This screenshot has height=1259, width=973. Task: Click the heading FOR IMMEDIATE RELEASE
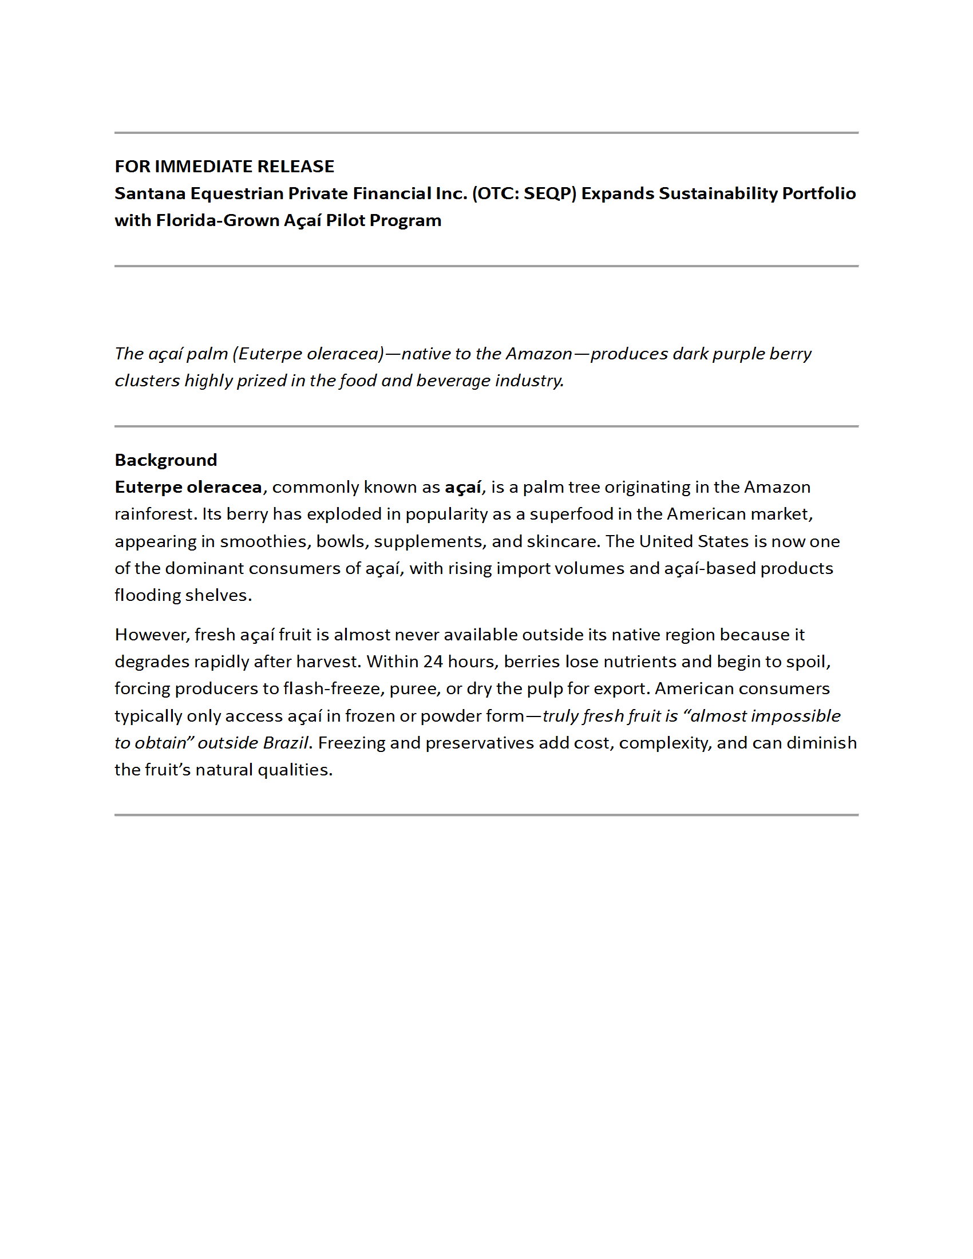[x=224, y=167]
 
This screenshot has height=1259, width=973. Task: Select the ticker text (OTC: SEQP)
[x=524, y=193]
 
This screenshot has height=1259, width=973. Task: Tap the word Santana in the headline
[x=150, y=193]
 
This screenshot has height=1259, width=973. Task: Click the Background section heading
[x=166, y=460]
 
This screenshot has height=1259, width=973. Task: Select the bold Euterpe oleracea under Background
[x=188, y=487]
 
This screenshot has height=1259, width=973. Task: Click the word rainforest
[x=155, y=514]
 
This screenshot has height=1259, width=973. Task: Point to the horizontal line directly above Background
[x=486, y=426]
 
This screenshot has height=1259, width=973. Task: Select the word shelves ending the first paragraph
[x=222, y=596]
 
